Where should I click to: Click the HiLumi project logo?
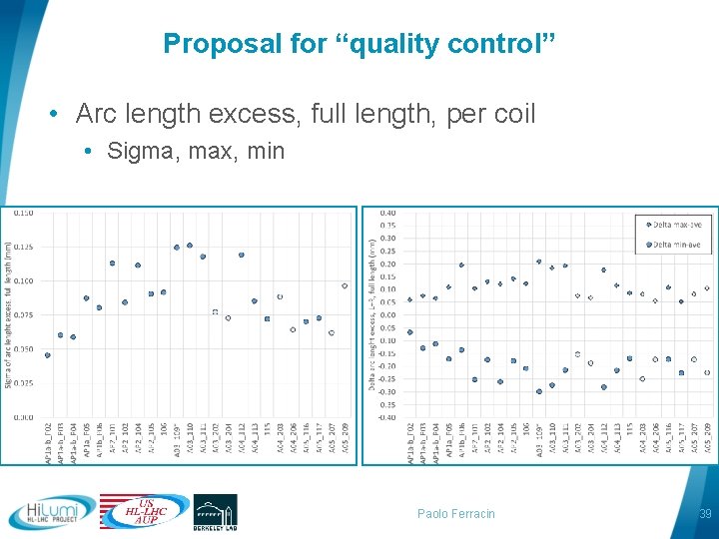coord(52,512)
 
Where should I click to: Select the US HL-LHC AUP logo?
coord(144,511)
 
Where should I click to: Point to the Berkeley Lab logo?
coord(215,511)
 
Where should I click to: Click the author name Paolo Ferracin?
coord(455,514)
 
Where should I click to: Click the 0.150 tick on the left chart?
coord(23,213)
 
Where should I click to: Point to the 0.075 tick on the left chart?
coord(23,315)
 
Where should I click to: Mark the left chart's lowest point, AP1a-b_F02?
coord(47,355)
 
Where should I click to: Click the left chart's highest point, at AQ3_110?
coord(190,245)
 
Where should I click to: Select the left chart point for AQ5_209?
coord(345,285)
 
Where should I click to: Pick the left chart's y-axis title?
coord(8,315)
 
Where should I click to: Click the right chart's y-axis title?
coord(372,315)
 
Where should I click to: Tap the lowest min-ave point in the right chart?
coord(539,391)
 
